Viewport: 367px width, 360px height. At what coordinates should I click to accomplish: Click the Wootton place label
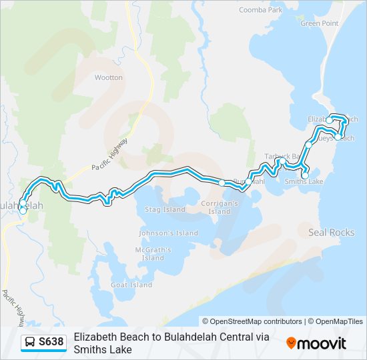pyautogui.click(x=108, y=77)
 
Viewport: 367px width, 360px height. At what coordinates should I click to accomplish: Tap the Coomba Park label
pyautogui.click(x=261, y=10)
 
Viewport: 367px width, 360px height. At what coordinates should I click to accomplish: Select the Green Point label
pyautogui.click(x=320, y=23)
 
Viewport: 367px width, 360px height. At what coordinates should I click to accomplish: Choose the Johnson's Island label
pyautogui.click(x=168, y=233)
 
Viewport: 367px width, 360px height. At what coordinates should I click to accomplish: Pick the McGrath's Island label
pyautogui.click(x=153, y=254)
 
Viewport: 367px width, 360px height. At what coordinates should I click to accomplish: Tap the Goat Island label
pyautogui.click(x=131, y=285)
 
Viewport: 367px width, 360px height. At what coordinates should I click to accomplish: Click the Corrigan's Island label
pyautogui.click(x=220, y=207)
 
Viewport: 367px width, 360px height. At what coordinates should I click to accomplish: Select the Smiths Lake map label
pyautogui.click(x=304, y=181)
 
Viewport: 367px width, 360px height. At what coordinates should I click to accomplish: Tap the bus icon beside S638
pyautogui.click(x=31, y=343)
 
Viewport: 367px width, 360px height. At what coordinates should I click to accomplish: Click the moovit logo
pyautogui.click(x=316, y=343)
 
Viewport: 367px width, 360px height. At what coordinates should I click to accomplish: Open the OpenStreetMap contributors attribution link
pyautogui.click(x=252, y=321)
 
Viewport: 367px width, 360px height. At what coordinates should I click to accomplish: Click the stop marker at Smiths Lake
pyautogui.click(x=305, y=175)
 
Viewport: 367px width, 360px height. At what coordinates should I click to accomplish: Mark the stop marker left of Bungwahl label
pyautogui.click(x=222, y=182)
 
